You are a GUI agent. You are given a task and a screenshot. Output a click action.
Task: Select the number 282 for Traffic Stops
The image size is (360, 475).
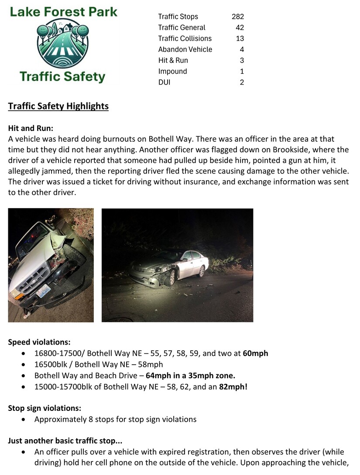pyautogui.click(x=238, y=17)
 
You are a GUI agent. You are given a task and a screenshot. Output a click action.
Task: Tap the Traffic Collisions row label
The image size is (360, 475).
pyautogui.click(x=185, y=38)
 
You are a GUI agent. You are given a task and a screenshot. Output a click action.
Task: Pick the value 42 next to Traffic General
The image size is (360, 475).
pyautogui.click(x=240, y=27)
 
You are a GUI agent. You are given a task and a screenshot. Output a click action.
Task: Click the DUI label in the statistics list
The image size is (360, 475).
pyautogui.click(x=164, y=82)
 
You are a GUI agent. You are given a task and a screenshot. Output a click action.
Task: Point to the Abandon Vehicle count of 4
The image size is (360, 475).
pyautogui.click(x=242, y=49)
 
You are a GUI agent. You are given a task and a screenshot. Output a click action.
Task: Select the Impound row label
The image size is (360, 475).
pyautogui.click(x=172, y=71)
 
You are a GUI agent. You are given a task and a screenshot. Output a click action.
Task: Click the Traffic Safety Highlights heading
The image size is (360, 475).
pyautogui.click(x=58, y=106)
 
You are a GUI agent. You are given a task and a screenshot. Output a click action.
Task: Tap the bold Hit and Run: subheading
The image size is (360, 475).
pyautogui.click(x=31, y=128)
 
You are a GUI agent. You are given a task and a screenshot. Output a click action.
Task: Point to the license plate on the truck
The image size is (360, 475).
pyautogui.click(x=42, y=292)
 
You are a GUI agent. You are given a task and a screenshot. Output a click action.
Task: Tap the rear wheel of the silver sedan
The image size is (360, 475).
pyautogui.click(x=201, y=271)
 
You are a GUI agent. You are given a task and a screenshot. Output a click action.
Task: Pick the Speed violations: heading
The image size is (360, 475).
pyautogui.click(x=39, y=342)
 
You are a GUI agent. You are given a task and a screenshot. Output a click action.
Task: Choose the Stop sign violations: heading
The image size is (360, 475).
pyautogui.click(x=45, y=408)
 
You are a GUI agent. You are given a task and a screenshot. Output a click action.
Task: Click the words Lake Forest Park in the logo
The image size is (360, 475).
pyautogui.click(x=64, y=11)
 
